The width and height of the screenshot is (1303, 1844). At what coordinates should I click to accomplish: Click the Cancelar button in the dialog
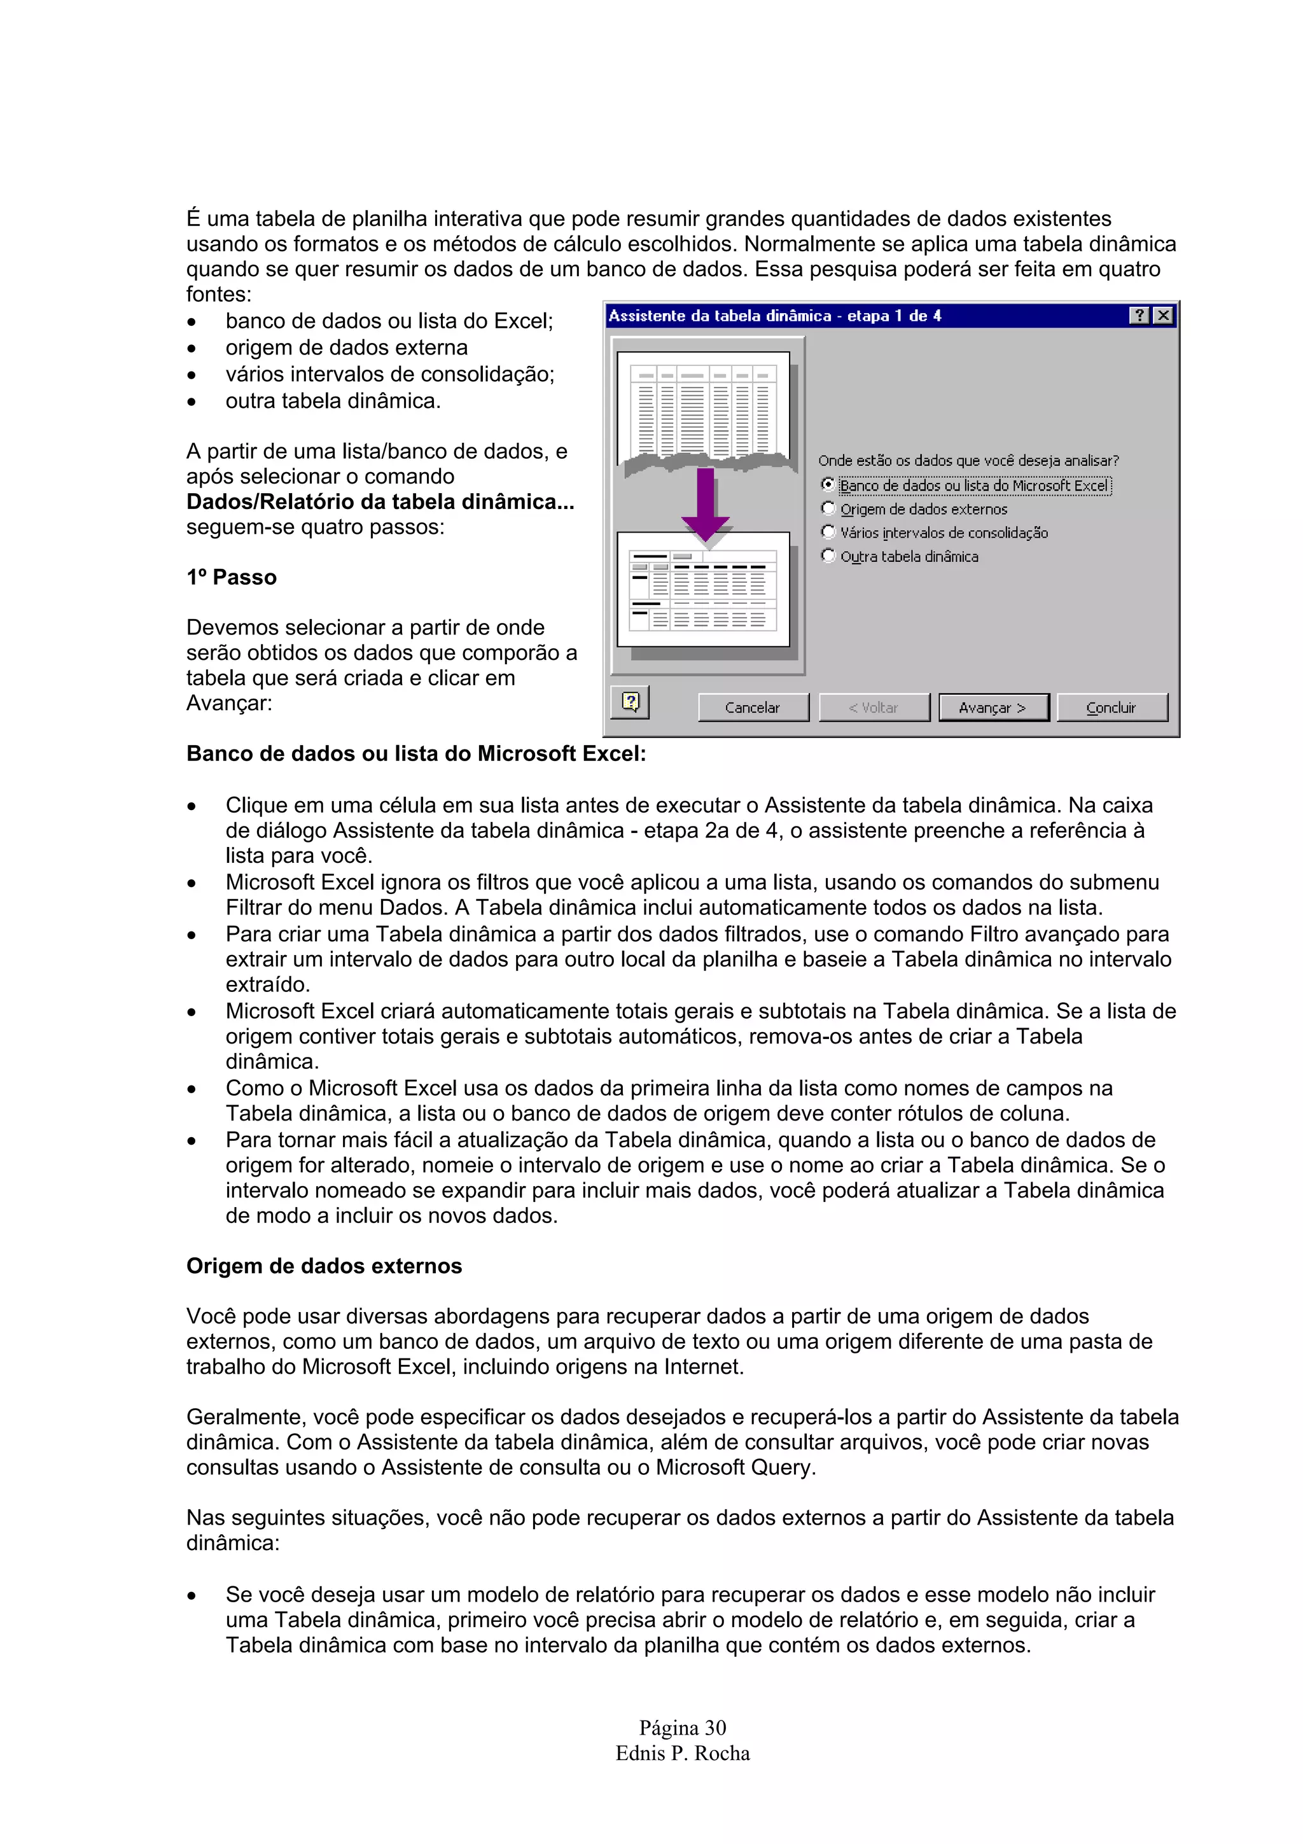coord(752,708)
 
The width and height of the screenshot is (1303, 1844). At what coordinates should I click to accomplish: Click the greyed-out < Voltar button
coord(874,708)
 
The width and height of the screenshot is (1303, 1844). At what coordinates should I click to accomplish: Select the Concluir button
coord(1111,708)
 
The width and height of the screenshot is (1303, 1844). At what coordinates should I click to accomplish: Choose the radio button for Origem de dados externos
coord(828,508)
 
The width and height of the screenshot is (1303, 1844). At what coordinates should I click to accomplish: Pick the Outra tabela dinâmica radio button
coord(828,555)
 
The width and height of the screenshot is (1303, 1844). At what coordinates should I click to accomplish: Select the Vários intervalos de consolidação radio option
coord(828,532)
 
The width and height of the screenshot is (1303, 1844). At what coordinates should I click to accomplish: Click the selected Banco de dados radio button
coord(828,484)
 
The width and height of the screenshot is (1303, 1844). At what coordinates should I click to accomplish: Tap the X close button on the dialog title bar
coord(1162,316)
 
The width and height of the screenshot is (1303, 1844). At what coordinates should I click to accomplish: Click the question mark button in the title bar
coord(1139,316)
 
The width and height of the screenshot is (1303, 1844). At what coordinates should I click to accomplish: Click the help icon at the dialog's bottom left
coord(631,702)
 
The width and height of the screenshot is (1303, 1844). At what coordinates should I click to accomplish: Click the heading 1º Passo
coord(231,578)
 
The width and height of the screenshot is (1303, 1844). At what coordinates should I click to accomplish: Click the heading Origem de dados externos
coord(324,1266)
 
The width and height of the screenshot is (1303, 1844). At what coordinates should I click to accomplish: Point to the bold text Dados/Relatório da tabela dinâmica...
coord(380,502)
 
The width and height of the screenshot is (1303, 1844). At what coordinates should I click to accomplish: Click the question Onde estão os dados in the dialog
coord(968,460)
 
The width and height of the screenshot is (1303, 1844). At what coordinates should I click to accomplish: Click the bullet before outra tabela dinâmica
coord(191,402)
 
